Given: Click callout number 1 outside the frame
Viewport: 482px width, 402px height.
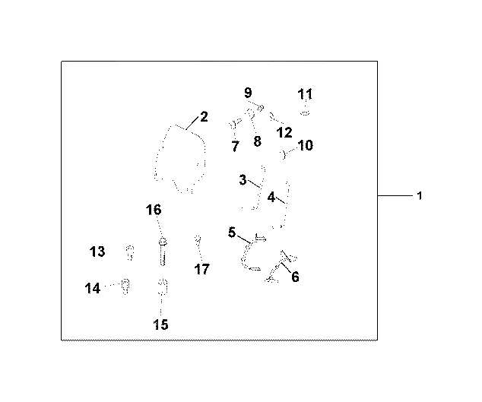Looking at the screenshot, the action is (419, 196).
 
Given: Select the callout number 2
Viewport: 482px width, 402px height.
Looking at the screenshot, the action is (204, 117).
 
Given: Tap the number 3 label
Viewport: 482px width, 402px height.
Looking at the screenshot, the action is (243, 180).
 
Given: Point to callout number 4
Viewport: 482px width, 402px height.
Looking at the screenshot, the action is (271, 196).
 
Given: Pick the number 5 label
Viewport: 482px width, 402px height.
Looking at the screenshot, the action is (232, 233).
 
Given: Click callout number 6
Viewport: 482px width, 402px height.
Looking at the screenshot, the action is (295, 277).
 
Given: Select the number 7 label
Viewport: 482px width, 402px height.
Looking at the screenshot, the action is (235, 146).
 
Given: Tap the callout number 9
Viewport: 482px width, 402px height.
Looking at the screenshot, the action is (248, 93).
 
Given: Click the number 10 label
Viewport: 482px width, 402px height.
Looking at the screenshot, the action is (305, 145).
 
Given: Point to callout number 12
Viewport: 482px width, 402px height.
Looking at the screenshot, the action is (284, 132).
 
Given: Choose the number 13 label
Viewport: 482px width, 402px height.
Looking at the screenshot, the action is (97, 252).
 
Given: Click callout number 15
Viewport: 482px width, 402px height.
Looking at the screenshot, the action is (160, 324).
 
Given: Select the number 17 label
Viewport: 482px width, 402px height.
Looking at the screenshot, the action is (201, 269).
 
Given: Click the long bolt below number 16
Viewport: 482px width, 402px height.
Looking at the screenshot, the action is (163, 251).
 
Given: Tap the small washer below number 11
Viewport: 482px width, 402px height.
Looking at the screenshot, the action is (305, 113).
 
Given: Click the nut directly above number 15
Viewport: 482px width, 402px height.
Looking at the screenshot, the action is (162, 286).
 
